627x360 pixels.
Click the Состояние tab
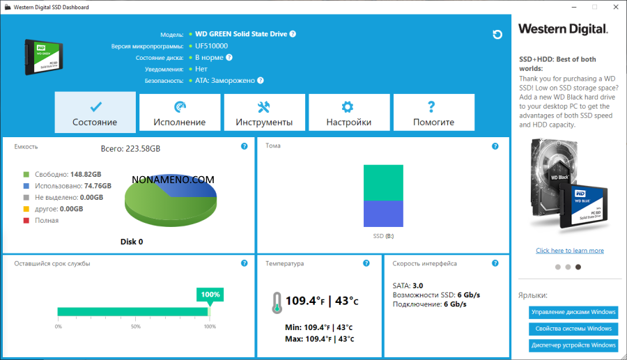95,112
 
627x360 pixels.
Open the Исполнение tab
180,112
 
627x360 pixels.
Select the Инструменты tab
264,112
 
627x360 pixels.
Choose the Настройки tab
348,112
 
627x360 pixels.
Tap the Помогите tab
433,112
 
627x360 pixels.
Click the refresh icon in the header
497,35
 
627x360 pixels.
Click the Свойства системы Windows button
573,329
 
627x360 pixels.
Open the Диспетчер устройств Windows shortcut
573,345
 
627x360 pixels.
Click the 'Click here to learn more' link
570,251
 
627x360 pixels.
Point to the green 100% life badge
210,295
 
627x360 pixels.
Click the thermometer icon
277,302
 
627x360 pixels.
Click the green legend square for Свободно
26,174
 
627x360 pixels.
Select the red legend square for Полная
26,220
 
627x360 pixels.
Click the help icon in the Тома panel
495,146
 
